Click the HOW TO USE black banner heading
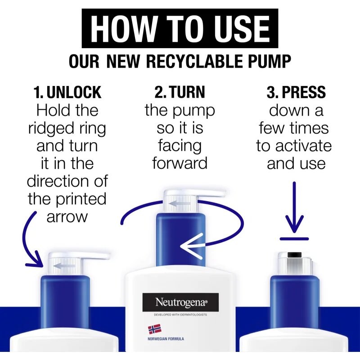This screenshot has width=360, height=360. point(180,28)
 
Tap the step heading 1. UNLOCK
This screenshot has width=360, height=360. point(67,92)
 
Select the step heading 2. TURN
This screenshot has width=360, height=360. point(180,92)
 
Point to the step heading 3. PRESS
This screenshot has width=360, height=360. point(296,92)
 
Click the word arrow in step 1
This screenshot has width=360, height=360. point(67,217)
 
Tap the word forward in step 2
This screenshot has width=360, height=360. point(180,163)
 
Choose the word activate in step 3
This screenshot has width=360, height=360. point(303,146)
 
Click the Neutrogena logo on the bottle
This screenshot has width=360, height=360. point(180,302)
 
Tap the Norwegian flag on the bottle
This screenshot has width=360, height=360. point(154,329)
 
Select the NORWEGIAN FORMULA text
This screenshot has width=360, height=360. point(166,339)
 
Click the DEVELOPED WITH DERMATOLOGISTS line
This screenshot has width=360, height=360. point(180,315)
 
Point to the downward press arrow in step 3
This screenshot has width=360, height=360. point(294,207)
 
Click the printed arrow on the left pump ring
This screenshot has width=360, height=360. point(64,266)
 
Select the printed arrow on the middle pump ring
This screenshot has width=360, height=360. point(179,203)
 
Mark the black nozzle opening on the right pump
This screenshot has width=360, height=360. point(294,255)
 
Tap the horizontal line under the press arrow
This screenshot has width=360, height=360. point(294,239)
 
